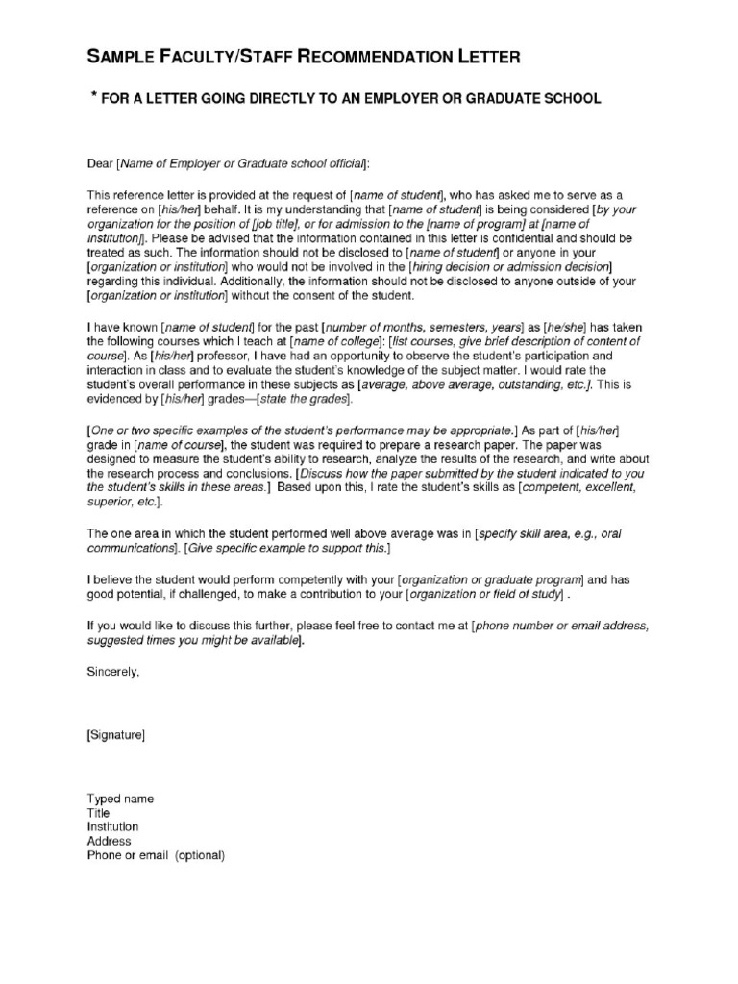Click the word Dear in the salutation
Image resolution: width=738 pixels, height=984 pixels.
(x=100, y=164)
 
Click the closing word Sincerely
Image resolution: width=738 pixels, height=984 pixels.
(x=113, y=673)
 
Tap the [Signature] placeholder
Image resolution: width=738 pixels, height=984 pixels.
(x=116, y=736)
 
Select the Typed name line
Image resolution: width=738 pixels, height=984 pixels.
(x=120, y=799)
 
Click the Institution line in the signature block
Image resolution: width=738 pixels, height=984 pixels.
(x=112, y=827)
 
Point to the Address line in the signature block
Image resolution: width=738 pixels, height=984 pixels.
(x=109, y=842)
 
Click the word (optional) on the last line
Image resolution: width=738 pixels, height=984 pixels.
(x=199, y=855)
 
